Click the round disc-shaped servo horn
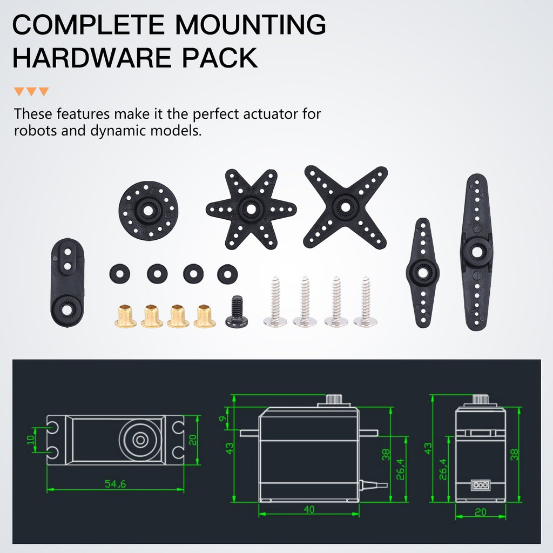click(148, 211)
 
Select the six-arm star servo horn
click(251, 209)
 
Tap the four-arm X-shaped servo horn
click(345, 207)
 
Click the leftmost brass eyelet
click(125, 316)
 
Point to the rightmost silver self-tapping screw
click(366, 301)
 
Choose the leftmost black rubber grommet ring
click(119, 274)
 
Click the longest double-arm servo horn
click(476, 252)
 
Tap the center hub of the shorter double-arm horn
click(422, 273)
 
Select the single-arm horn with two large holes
click(68, 282)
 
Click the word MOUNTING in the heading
click(251, 25)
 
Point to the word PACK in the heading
click(220, 58)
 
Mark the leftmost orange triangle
click(19, 91)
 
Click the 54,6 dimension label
click(116, 483)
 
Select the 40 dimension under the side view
click(309, 510)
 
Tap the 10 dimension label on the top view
click(31, 440)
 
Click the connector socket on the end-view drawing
click(480, 485)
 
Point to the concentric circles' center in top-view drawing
click(140, 440)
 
